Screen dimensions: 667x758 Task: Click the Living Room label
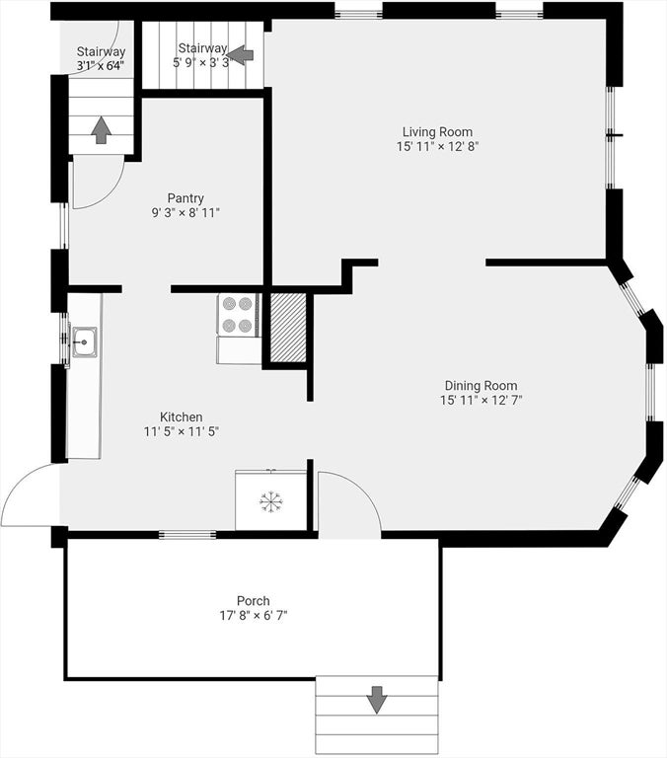pos(437,131)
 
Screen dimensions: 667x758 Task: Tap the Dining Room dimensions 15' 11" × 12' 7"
pos(482,401)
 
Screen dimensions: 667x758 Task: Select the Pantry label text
pos(185,198)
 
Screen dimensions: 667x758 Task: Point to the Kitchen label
pos(182,417)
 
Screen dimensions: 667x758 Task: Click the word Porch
pos(254,601)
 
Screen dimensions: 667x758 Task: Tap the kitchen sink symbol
pos(84,341)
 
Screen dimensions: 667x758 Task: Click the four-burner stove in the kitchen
pos(238,314)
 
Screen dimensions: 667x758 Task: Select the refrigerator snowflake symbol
pos(270,501)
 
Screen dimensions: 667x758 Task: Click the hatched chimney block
pos(288,328)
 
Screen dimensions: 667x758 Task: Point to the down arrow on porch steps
pos(377,700)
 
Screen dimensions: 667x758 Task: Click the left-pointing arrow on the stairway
pos(240,55)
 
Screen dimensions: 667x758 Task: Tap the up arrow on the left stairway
pos(101,129)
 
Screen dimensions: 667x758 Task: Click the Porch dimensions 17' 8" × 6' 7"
pos(254,616)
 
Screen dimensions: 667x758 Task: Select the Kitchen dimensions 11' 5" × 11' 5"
pos(182,431)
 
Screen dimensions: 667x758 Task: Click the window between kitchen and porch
pos(187,534)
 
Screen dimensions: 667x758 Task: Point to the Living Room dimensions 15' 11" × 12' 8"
pos(437,146)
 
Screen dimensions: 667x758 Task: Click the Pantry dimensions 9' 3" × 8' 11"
pos(185,213)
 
